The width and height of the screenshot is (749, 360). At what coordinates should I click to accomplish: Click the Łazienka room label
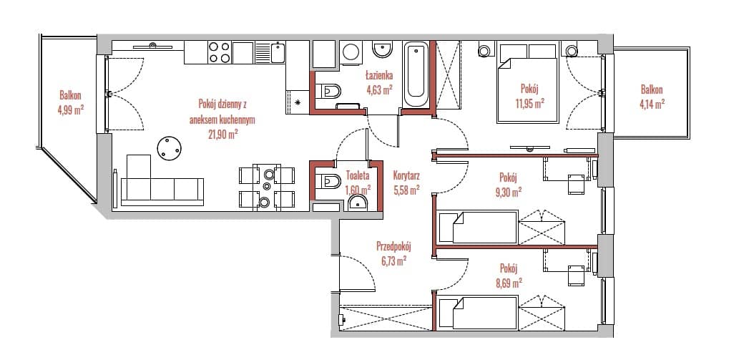click(x=379, y=75)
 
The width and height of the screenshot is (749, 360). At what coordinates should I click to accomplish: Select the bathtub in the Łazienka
click(x=416, y=76)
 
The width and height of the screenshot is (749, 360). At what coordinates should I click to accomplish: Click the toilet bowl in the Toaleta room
click(x=330, y=181)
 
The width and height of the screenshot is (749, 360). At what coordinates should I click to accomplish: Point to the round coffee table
click(x=170, y=148)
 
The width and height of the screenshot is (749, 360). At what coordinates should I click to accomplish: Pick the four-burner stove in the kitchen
click(x=219, y=52)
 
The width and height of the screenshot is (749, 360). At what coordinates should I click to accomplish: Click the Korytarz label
click(x=406, y=175)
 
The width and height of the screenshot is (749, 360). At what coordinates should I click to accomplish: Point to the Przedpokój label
click(x=393, y=247)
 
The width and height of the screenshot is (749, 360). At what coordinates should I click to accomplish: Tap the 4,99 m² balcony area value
click(x=70, y=110)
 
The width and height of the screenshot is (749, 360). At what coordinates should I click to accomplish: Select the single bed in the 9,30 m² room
click(x=478, y=227)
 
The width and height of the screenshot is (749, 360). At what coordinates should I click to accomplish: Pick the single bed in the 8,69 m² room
click(x=478, y=313)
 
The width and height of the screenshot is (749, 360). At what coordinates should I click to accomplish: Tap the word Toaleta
click(x=358, y=176)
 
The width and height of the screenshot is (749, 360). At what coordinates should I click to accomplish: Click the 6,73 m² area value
click(x=393, y=261)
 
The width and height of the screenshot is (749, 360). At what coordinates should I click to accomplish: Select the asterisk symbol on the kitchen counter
click(x=298, y=102)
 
